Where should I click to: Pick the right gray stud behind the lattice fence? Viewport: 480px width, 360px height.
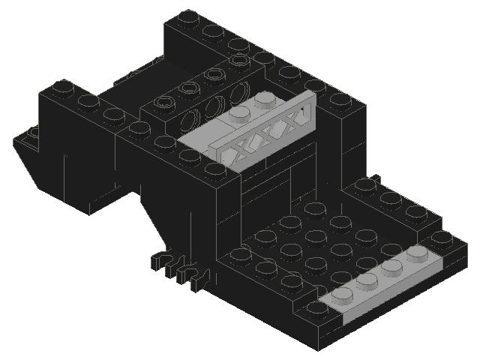264,99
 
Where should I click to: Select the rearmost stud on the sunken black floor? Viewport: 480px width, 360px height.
314,207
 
